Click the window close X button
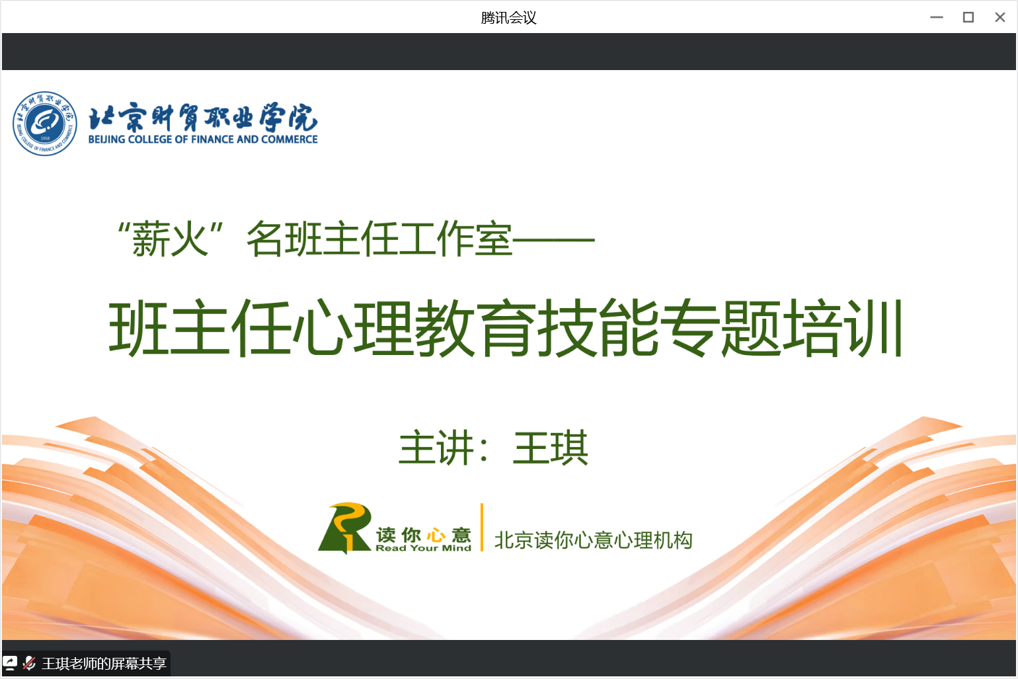click(999, 17)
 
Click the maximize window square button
click(968, 17)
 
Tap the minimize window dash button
click(937, 17)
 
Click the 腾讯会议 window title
click(508, 18)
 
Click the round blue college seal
click(44, 124)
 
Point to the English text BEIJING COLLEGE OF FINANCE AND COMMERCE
click(203, 140)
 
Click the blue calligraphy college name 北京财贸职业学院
click(203, 117)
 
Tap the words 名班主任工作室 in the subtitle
click(379, 239)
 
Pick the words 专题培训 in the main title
click(781, 327)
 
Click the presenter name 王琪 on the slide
click(551, 448)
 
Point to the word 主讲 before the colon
click(436, 448)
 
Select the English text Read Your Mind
click(423, 548)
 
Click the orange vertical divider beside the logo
click(482, 527)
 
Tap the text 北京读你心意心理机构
click(594, 540)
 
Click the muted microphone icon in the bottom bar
click(30, 663)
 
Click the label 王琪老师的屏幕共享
click(104, 664)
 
